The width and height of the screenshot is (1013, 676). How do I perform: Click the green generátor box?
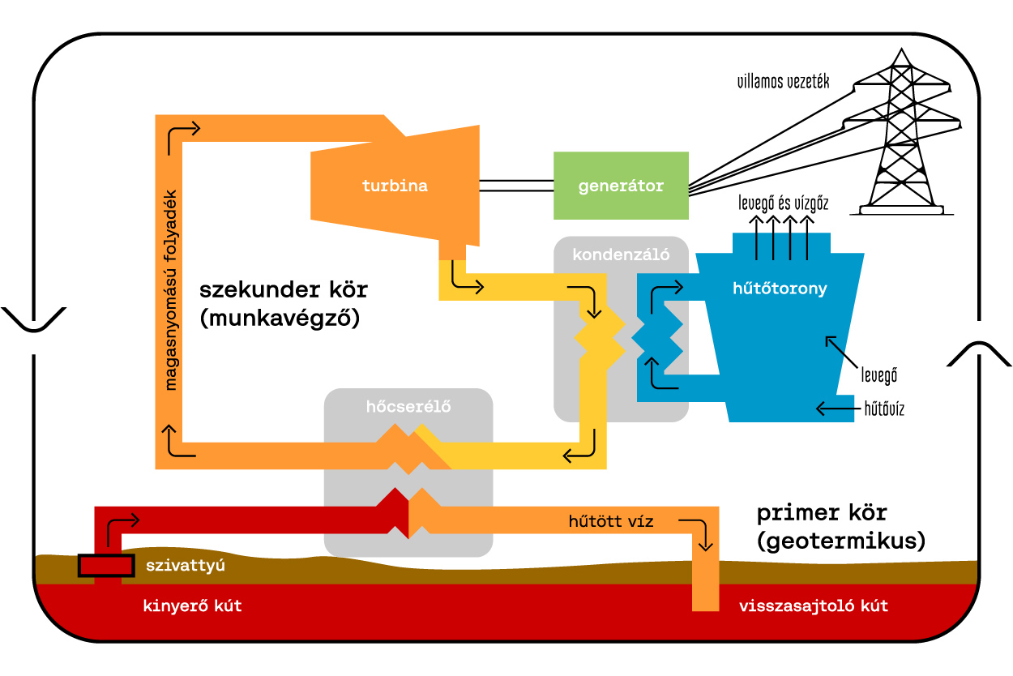click(x=621, y=186)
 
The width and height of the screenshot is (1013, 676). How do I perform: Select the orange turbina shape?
click(x=395, y=186)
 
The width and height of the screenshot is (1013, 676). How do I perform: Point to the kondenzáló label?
click(x=621, y=255)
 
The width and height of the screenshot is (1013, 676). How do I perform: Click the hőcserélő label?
click(x=408, y=408)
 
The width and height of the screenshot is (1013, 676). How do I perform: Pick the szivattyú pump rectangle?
click(x=105, y=566)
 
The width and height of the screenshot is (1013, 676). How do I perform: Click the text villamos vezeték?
click(x=783, y=82)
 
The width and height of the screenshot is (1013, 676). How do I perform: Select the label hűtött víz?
click(x=611, y=521)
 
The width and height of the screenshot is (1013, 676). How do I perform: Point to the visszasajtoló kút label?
click(x=813, y=605)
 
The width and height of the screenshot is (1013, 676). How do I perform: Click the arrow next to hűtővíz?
click(x=836, y=409)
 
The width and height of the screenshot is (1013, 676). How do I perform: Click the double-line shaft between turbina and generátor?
click(x=516, y=186)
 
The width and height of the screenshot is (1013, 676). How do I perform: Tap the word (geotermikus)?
click(x=841, y=540)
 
